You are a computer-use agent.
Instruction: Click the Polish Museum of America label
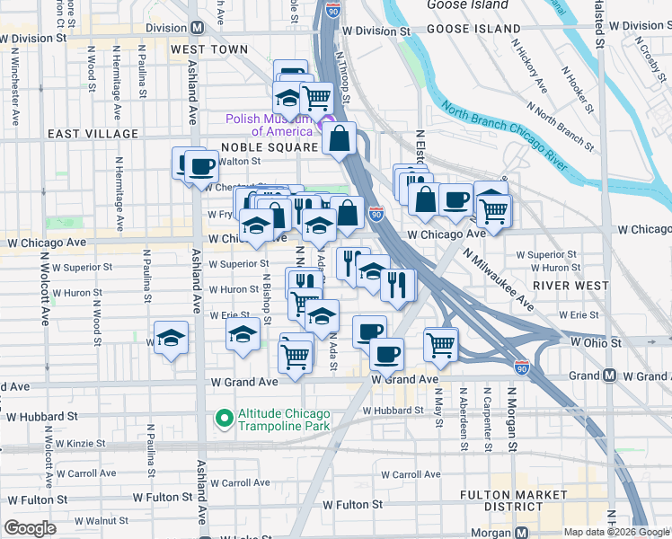(x=267, y=124)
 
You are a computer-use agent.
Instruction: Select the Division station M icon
(x=196, y=28)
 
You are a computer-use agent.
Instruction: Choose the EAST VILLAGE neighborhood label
(x=93, y=134)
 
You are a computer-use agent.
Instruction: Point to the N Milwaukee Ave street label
(x=500, y=280)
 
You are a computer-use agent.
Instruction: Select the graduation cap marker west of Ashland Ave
(x=171, y=339)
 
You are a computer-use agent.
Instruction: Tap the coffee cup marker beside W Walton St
(x=201, y=166)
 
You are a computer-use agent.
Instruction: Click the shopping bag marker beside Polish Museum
(x=340, y=139)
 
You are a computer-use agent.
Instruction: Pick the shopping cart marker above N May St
(x=440, y=343)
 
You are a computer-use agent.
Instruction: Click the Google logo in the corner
(x=31, y=528)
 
